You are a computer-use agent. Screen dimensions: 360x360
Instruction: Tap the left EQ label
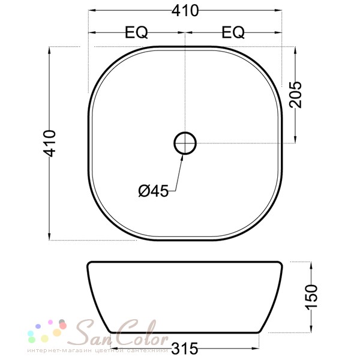click(137, 33)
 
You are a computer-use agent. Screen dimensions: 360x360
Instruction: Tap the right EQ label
click(233, 33)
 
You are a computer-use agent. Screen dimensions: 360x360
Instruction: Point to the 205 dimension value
click(296, 94)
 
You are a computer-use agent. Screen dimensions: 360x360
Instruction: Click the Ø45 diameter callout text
click(153, 191)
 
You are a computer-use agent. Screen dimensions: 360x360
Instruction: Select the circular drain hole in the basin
click(185, 143)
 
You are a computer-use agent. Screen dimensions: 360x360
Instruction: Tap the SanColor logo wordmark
click(120, 332)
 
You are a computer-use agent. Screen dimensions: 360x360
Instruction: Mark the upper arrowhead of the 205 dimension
click(295, 50)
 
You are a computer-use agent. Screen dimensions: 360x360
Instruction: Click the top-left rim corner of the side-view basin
click(89, 263)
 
